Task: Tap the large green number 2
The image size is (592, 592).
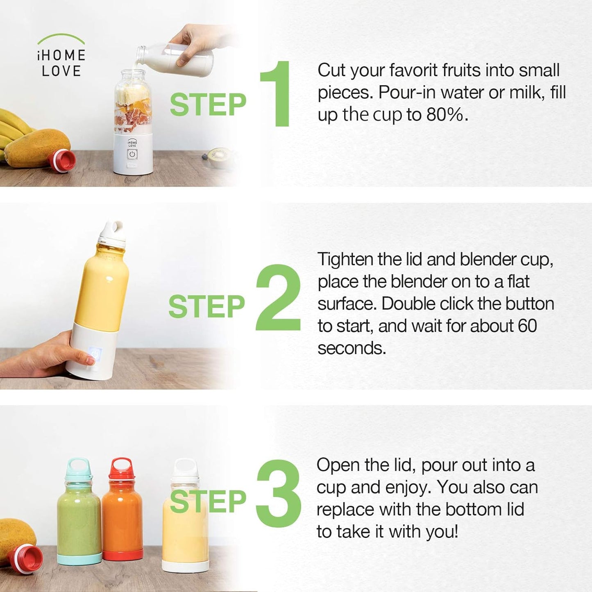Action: coord(278,297)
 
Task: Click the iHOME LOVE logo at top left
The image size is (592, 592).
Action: coord(61,56)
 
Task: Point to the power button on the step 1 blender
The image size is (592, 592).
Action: coord(132,154)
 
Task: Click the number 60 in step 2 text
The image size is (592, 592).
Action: coord(527,325)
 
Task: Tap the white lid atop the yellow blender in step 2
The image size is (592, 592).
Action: coord(112,234)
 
